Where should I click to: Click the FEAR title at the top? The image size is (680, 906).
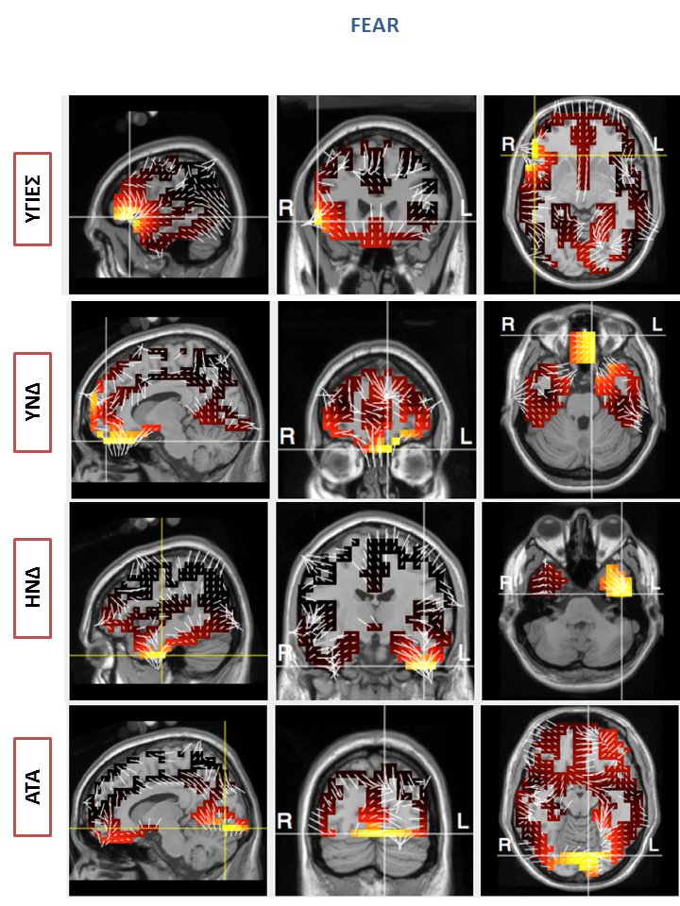(x=375, y=25)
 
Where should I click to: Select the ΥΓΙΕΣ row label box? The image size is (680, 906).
(x=32, y=199)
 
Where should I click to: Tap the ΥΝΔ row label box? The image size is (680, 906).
(x=32, y=402)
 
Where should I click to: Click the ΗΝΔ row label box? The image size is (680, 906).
(x=32, y=588)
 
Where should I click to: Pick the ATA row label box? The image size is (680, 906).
(x=32, y=786)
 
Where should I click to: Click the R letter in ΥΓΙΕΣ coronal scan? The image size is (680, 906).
(x=285, y=208)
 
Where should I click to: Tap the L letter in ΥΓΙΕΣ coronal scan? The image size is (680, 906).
(x=466, y=208)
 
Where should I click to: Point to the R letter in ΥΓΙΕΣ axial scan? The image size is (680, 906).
(x=508, y=143)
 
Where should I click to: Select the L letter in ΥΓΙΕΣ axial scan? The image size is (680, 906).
(x=658, y=143)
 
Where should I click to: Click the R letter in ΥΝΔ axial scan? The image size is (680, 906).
(x=508, y=324)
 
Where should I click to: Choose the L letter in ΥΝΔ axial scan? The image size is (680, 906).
(x=657, y=324)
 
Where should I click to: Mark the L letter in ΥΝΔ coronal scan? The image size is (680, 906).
(x=466, y=437)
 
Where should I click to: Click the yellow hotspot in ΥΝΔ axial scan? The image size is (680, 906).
(x=583, y=348)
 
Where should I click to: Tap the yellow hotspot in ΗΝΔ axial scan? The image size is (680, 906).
(x=618, y=582)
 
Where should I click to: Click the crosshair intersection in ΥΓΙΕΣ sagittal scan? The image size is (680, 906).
(x=129, y=217)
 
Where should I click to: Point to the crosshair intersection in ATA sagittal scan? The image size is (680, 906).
(x=225, y=828)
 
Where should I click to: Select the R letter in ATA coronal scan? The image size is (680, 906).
(x=284, y=821)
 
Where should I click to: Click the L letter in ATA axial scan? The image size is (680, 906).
(x=654, y=845)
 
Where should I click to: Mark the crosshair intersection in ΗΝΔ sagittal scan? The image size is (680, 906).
(x=161, y=655)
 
